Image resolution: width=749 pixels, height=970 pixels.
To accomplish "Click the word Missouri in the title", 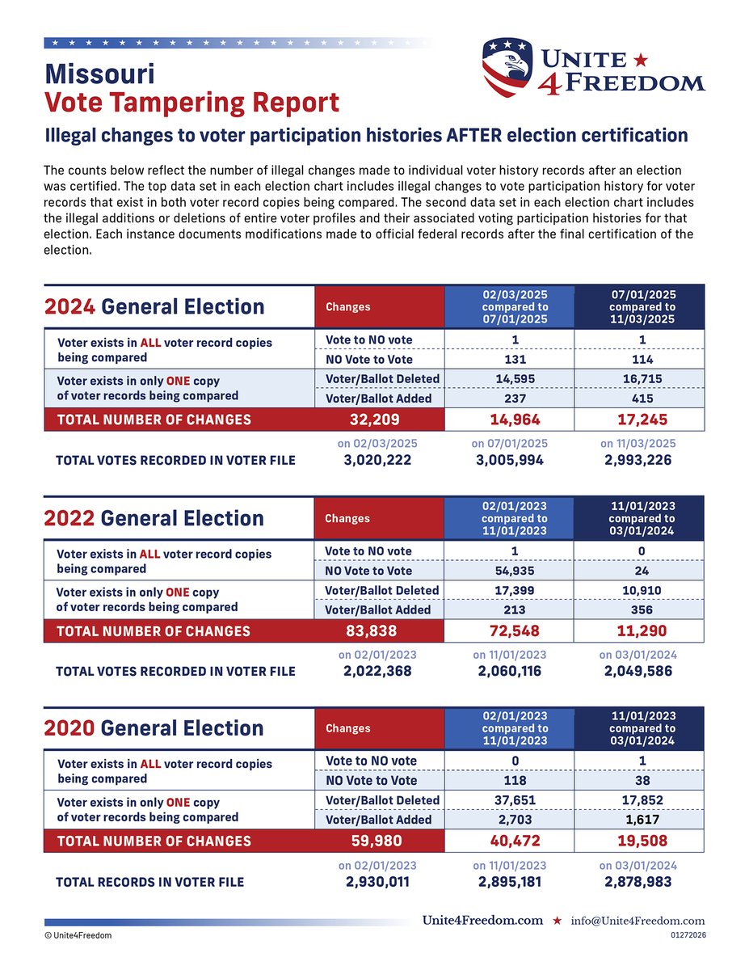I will pyautogui.click(x=99, y=74).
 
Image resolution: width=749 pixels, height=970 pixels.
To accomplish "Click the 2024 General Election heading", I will pyautogui.click(x=154, y=306).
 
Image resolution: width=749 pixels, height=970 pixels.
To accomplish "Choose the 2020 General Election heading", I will pyautogui.click(x=154, y=727).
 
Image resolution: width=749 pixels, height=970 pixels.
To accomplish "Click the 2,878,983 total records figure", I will pyautogui.click(x=638, y=881).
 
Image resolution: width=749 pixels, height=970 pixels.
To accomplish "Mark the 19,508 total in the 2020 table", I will pyautogui.click(x=638, y=841).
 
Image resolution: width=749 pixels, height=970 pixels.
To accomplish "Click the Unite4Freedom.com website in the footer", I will pyautogui.click(x=482, y=921).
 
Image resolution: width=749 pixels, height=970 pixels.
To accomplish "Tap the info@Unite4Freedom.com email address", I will pyautogui.click(x=638, y=921).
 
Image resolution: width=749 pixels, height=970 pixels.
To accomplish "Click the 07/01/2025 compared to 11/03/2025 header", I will pyautogui.click(x=638, y=307).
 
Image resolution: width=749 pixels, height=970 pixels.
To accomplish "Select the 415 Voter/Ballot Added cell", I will pyautogui.click(x=638, y=399).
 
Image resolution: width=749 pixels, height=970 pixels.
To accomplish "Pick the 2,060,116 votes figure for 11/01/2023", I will pyautogui.click(x=509, y=672).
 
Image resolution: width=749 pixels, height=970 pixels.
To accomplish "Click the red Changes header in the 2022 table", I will pyautogui.click(x=347, y=519).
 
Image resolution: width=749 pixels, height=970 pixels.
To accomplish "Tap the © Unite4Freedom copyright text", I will pyautogui.click(x=78, y=935).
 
